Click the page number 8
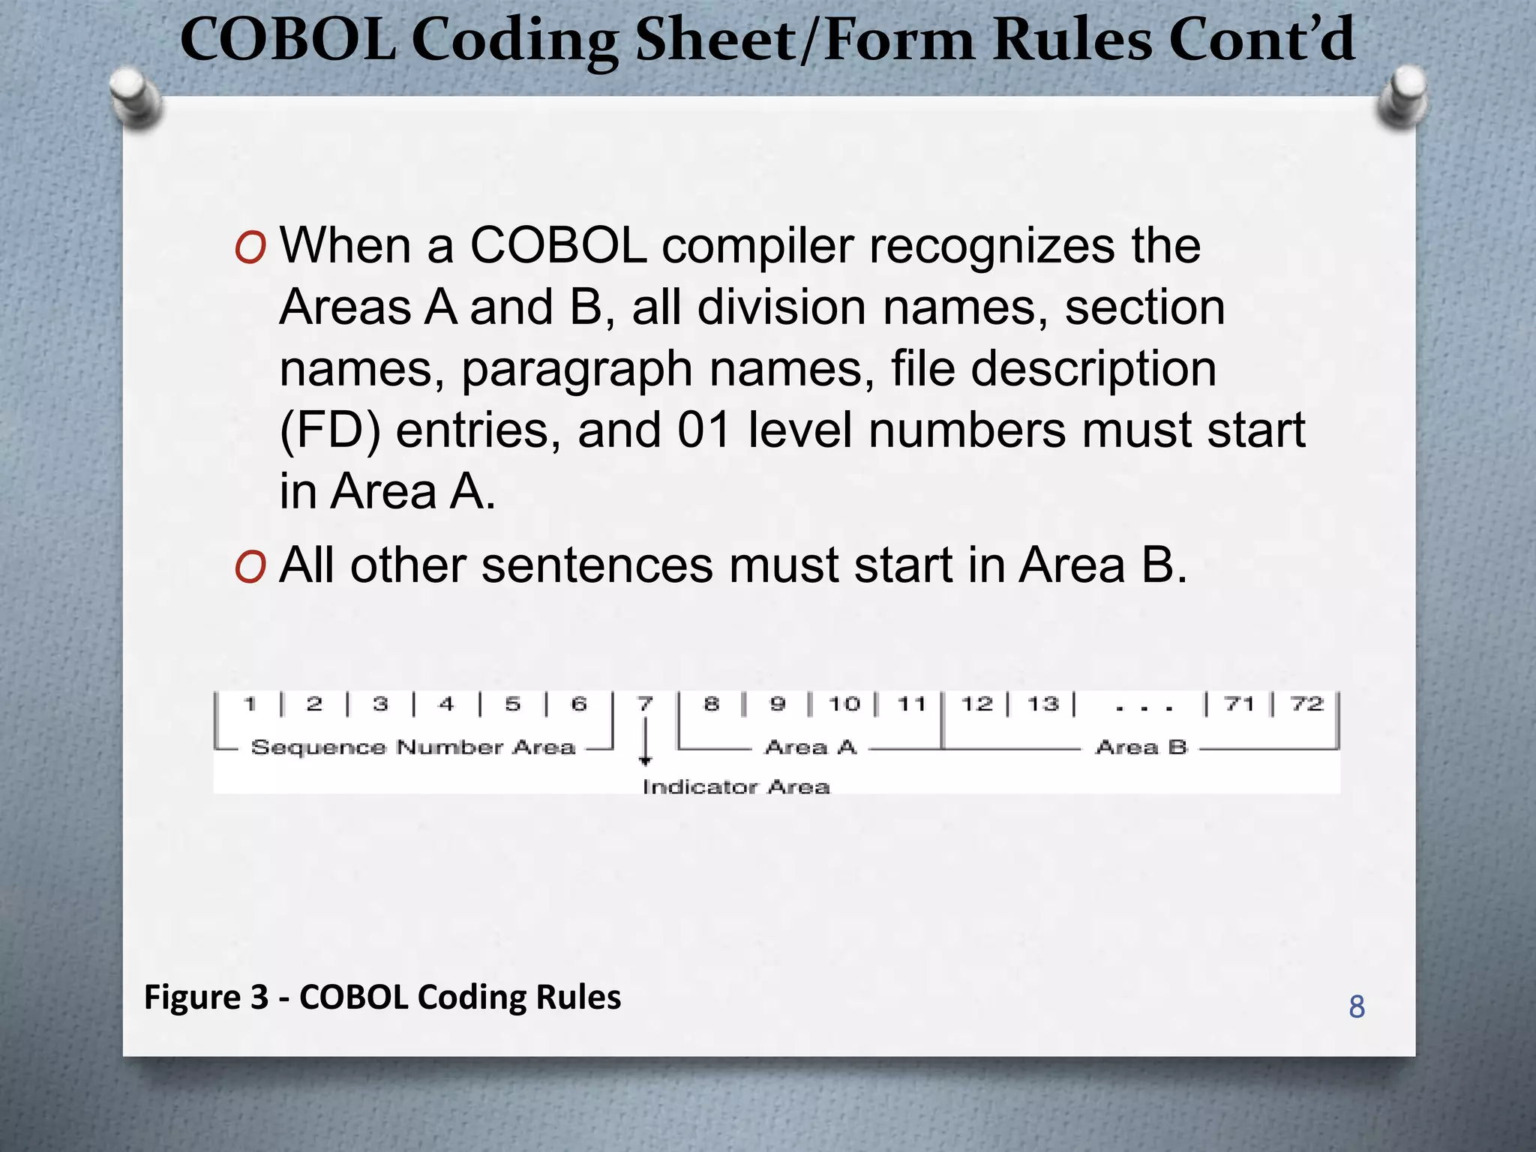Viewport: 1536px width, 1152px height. click(1356, 1007)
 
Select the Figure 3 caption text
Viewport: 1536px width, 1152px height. click(382, 997)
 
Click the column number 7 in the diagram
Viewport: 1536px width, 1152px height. click(645, 703)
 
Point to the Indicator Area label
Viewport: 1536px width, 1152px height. click(736, 787)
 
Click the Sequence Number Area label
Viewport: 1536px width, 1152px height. click(412, 747)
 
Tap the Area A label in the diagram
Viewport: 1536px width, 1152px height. click(811, 747)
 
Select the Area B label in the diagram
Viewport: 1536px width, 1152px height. click(1141, 747)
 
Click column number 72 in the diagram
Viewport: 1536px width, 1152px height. click(1306, 703)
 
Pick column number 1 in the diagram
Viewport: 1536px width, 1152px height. click(250, 703)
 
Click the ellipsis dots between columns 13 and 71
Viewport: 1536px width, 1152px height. click(1143, 707)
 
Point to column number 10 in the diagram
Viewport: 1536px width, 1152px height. click(844, 703)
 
